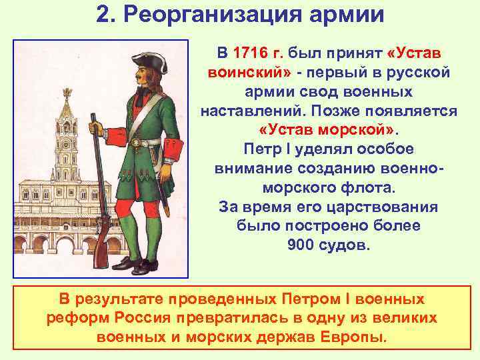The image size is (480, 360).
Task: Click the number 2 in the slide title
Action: (x=102, y=14)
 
